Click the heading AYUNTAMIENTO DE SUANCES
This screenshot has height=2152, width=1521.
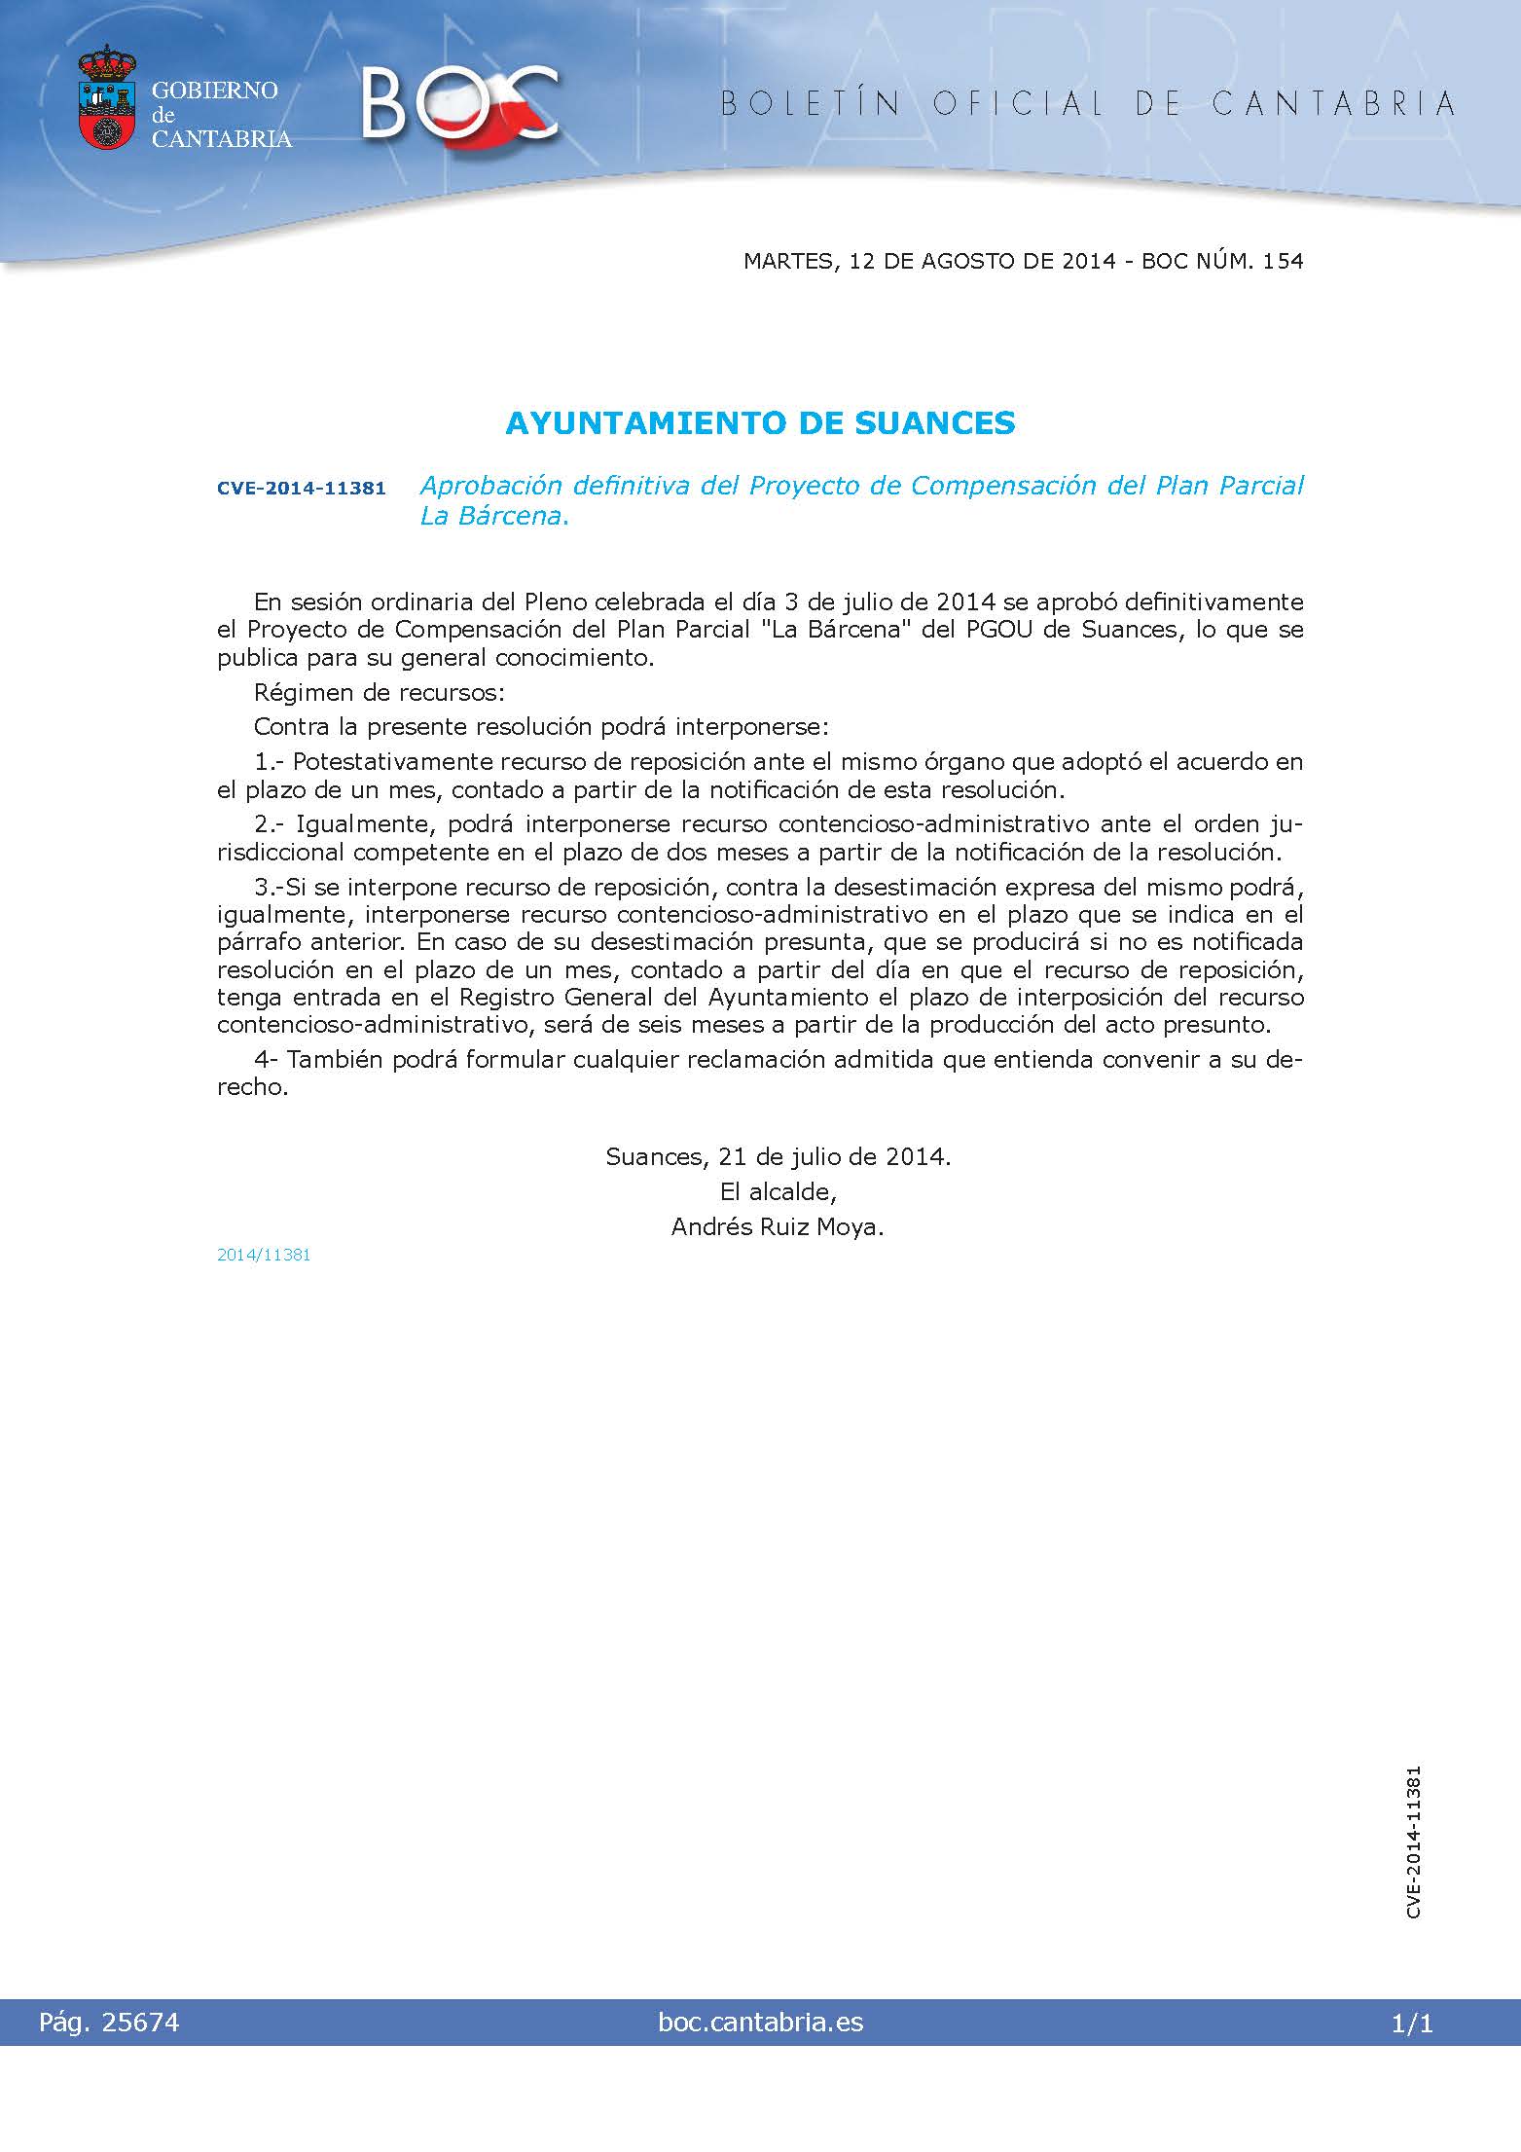click(760, 423)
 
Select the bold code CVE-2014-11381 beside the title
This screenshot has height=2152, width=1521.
click(301, 488)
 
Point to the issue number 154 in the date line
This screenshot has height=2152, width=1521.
click(1282, 261)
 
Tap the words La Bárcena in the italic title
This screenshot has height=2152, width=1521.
click(492, 516)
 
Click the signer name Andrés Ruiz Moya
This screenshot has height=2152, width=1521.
click(777, 1226)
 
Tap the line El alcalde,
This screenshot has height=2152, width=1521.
click(778, 1191)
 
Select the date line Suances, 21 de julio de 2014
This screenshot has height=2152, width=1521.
click(778, 1156)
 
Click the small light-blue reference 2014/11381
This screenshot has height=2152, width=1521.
click(264, 1255)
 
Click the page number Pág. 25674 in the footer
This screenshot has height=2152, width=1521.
click(109, 2023)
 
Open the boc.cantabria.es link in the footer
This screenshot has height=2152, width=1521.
click(760, 2023)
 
